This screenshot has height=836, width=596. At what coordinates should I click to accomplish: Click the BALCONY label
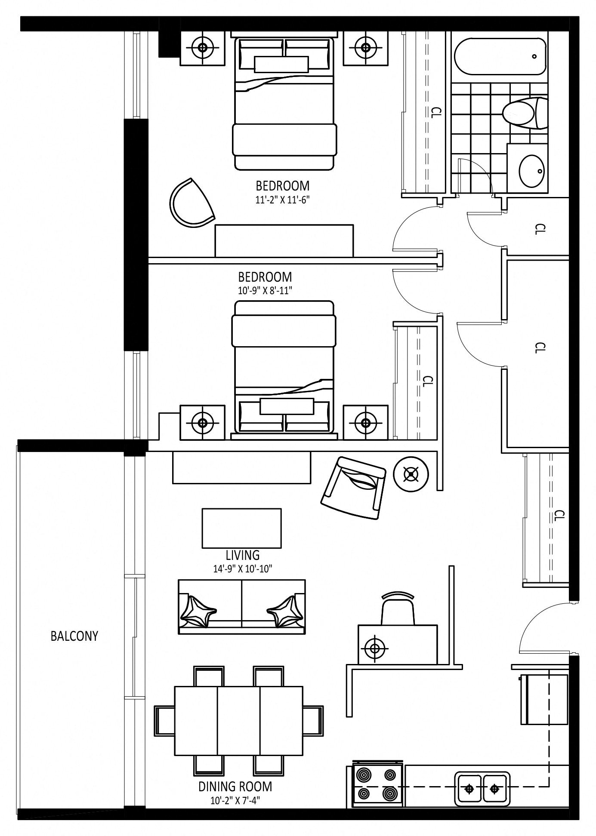coord(74,636)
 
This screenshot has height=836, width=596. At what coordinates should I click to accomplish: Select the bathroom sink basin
coord(532,171)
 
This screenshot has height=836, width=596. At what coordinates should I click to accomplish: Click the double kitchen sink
coord(482,789)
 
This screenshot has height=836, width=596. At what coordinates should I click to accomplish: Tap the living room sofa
coord(242,606)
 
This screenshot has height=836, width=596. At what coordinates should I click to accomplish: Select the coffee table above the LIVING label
coord(242,528)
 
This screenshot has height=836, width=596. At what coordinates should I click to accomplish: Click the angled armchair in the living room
coord(354,487)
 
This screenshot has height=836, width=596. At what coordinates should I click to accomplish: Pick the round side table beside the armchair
coord(411,474)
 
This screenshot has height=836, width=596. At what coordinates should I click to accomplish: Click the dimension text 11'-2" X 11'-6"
coord(282,200)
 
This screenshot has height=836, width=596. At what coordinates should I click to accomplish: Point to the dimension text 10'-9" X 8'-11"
coord(265,290)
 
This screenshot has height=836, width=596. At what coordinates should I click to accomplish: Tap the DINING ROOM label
coord(235,787)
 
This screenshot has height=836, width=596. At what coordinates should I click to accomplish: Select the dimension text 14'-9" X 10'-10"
coord(243,569)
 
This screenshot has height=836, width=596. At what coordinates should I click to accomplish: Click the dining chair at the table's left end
coord(164,720)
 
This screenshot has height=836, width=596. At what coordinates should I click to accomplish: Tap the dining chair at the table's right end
coord(313,720)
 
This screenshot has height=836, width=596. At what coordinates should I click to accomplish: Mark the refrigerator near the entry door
coord(544,699)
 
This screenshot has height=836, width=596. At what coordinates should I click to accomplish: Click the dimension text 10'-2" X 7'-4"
coord(235,800)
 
